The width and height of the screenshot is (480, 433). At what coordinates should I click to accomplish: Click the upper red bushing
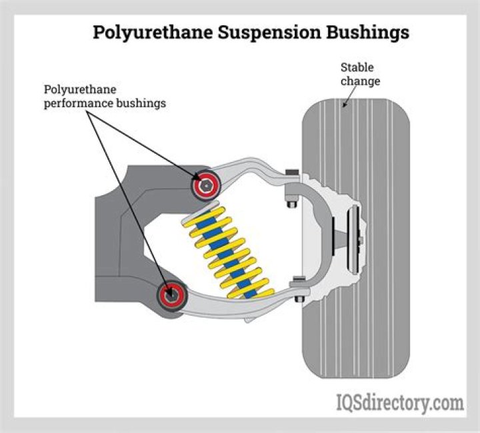(x=206, y=183)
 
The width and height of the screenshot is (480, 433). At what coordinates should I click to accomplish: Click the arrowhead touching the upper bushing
(x=199, y=178)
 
